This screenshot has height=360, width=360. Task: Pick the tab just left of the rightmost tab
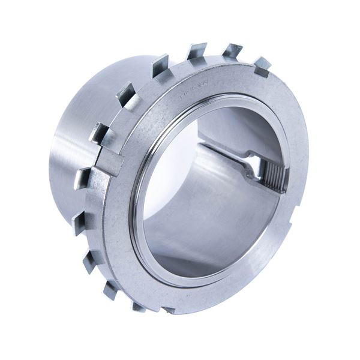tap(232, 52)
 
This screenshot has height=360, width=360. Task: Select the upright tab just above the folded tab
tap(98, 133)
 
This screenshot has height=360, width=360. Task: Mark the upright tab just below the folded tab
tap(82, 178)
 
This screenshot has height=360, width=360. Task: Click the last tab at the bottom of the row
tap(139, 305)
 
